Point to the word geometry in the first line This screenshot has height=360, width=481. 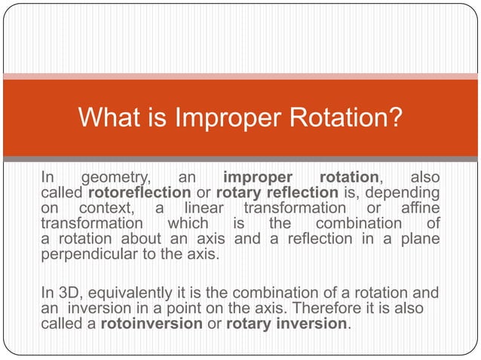(115, 178)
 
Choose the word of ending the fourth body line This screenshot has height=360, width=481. (433, 223)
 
